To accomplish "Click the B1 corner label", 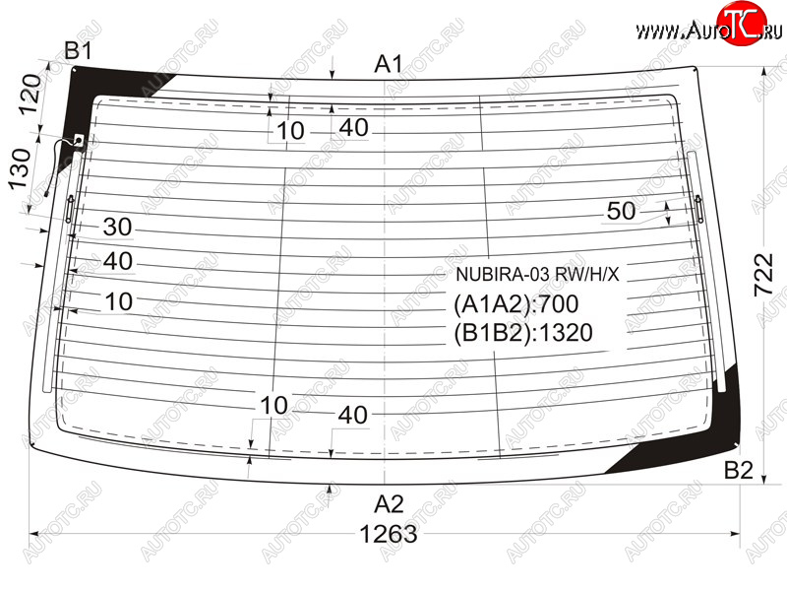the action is (79, 51).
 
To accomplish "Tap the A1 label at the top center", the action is (389, 64).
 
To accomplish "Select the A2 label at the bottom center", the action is (389, 504).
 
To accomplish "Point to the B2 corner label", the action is (739, 470).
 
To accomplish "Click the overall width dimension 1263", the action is (388, 535).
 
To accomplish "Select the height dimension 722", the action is (764, 275).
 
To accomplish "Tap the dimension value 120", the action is (31, 94).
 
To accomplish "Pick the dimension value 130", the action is (20, 168).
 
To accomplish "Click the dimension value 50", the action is (621, 211).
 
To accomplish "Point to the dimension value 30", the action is (117, 228).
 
